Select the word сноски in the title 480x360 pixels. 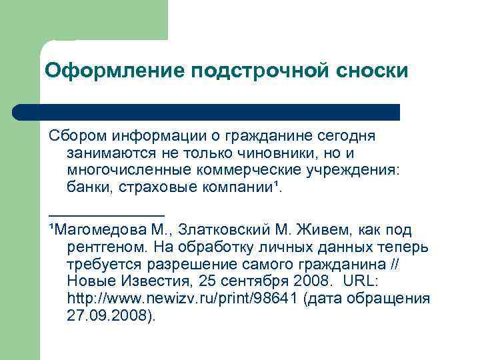pos(366,71)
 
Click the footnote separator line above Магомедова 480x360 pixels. pos(107,214)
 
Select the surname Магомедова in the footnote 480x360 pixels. pos(100,230)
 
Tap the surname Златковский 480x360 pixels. pos(234,230)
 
